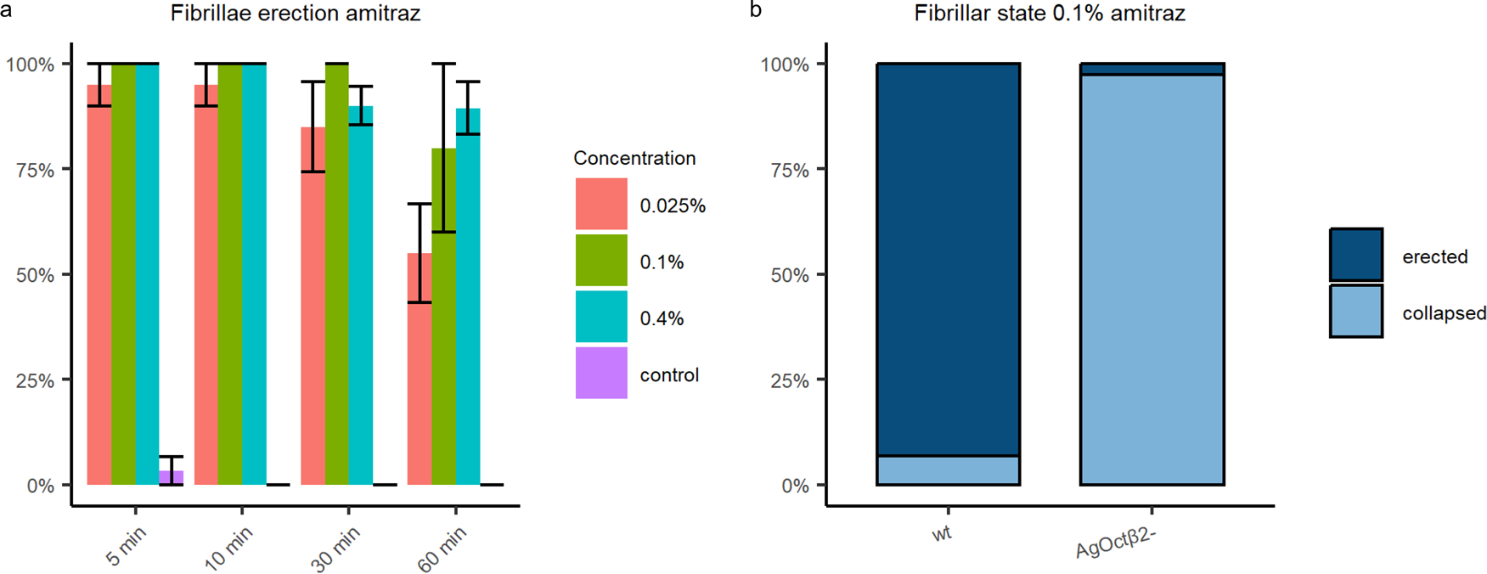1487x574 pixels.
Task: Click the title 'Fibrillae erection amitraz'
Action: tap(295, 14)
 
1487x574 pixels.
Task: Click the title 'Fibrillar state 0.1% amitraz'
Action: tap(1050, 14)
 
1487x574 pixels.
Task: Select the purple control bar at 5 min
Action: tap(172, 478)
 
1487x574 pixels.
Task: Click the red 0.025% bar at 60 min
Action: tap(420, 374)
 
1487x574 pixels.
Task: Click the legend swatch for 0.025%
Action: tap(601, 204)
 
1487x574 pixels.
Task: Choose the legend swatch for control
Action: tap(601, 373)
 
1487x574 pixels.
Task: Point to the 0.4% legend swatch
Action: tap(601, 317)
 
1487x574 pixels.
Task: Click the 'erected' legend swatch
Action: tap(1356, 255)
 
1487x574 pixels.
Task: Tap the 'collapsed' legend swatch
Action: tap(1356, 312)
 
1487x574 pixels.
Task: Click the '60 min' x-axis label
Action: tap(442, 549)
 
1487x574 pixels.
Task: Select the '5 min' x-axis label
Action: tap(126, 546)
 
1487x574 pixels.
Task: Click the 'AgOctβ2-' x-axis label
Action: tap(1116, 543)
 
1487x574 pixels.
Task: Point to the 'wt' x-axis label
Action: tap(941, 534)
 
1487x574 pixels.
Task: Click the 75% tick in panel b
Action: tap(791, 170)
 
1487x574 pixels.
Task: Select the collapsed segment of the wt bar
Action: tap(948, 470)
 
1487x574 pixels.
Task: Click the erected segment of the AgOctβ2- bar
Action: tap(1152, 69)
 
